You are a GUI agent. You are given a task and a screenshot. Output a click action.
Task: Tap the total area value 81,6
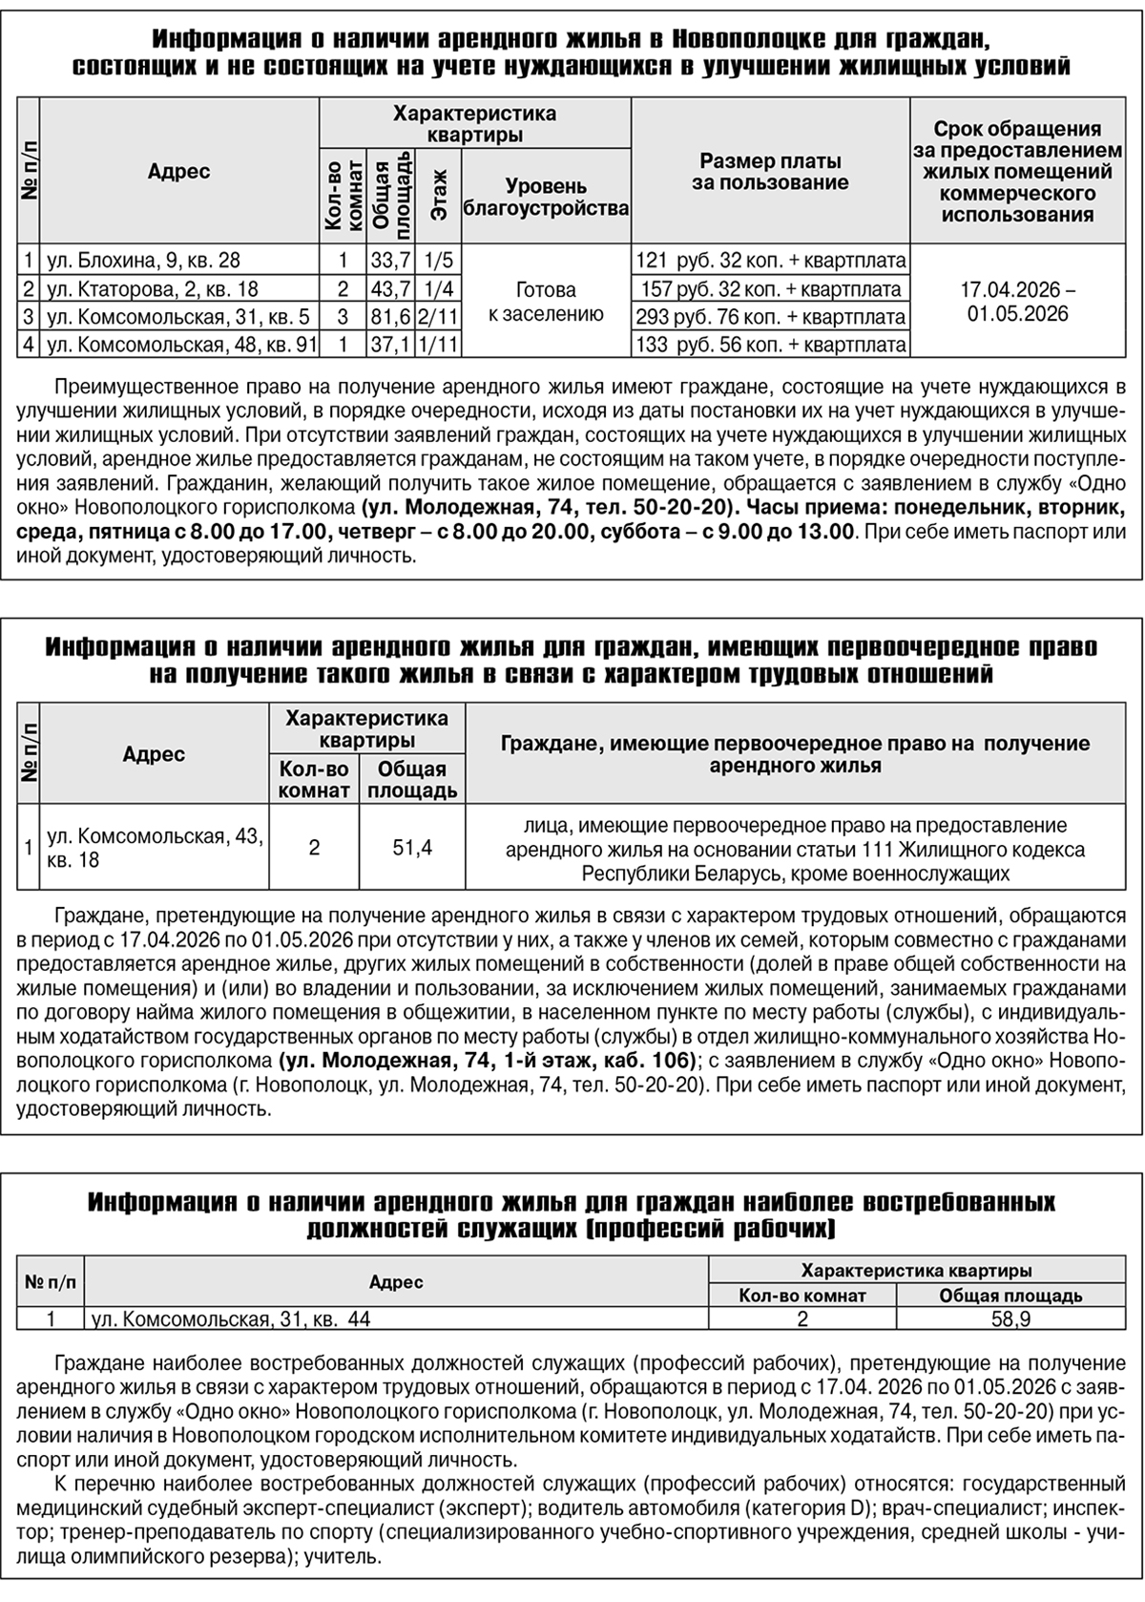click(x=390, y=317)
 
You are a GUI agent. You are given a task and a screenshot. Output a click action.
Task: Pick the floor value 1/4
click(x=439, y=288)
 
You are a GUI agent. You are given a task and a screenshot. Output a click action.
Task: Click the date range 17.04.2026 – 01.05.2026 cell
click(x=1017, y=302)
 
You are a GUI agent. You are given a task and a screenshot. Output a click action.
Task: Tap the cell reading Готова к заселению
click(x=546, y=302)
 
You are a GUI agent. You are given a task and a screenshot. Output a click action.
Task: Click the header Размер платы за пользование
click(x=770, y=171)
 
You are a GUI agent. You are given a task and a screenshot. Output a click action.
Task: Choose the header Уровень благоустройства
click(x=546, y=197)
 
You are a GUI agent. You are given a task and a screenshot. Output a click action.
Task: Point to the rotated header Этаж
click(x=439, y=198)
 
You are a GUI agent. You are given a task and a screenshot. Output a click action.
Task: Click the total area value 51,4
click(x=412, y=847)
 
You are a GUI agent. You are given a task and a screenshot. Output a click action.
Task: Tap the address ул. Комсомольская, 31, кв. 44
click(x=230, y=1319)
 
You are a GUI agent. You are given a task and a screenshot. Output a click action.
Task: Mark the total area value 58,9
click(x=1010, y=1319)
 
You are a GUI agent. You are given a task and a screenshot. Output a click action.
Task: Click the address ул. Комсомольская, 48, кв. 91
click(x=181, y=345)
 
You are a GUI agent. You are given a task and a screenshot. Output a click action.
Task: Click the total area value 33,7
click(x=390, y=260)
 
